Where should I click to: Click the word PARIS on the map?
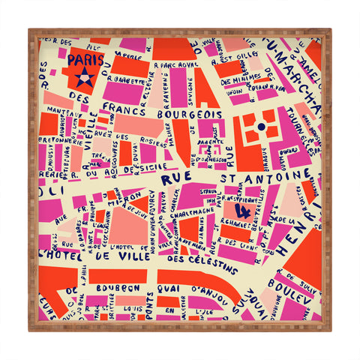click(x=85, y=59)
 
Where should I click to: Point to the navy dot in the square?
click(x=260, y=127)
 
